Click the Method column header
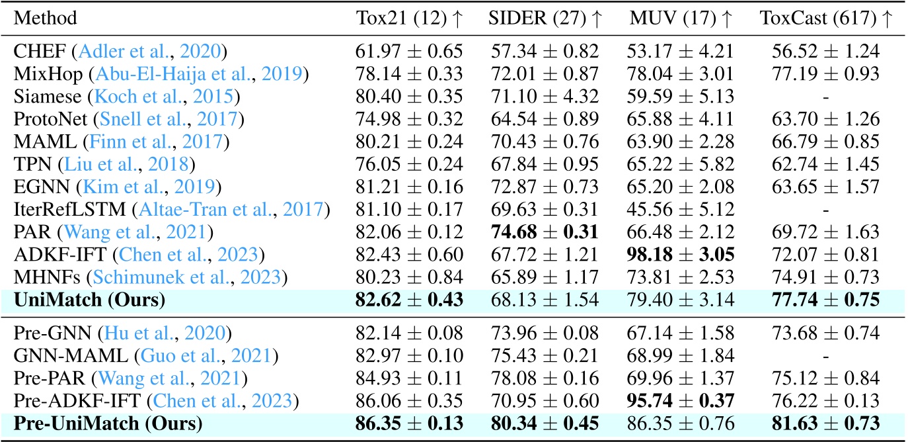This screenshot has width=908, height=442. [45, 18]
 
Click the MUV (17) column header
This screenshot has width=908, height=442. [681, 18]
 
